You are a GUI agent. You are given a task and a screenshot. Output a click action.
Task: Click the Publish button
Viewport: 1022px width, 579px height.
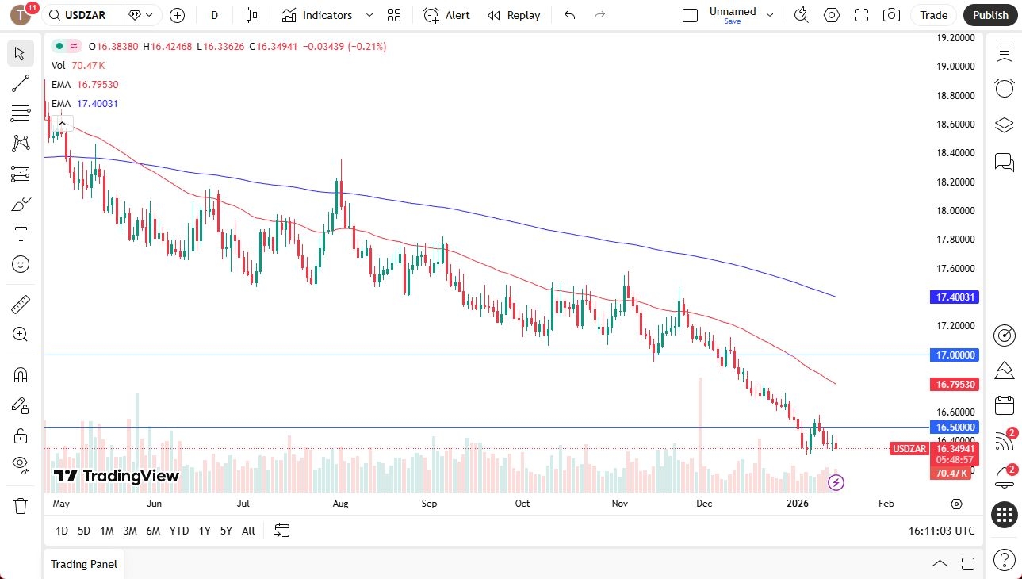[990, 15]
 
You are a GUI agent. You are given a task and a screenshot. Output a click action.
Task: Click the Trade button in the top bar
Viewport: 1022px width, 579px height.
[933, 15]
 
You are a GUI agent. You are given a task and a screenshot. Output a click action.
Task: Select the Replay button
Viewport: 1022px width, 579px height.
[514, 15]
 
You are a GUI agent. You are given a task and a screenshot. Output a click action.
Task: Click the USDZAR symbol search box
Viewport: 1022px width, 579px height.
[83, 15]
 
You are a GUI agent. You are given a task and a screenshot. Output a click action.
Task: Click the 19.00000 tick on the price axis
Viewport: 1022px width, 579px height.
[955, 67]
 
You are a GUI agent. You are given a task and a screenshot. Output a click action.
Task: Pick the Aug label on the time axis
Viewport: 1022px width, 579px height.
[341, 504]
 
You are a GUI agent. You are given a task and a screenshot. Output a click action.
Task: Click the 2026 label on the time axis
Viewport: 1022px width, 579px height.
[797, 504]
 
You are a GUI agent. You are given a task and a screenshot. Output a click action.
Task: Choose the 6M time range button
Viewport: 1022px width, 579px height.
[153, 531]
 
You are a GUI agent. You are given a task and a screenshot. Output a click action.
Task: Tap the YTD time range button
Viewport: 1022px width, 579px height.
[179, 531]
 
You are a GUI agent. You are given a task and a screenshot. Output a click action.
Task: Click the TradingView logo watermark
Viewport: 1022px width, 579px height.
[117, 476]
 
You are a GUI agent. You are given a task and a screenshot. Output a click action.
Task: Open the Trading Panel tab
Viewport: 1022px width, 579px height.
[84, 564]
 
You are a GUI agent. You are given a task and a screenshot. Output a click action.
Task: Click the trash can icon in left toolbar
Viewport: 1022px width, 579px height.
[21, 505]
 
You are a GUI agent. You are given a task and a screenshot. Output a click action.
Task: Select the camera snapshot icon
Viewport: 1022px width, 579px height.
[891, 15]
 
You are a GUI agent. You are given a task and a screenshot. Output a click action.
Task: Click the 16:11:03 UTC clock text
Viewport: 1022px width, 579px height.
[942, 531]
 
